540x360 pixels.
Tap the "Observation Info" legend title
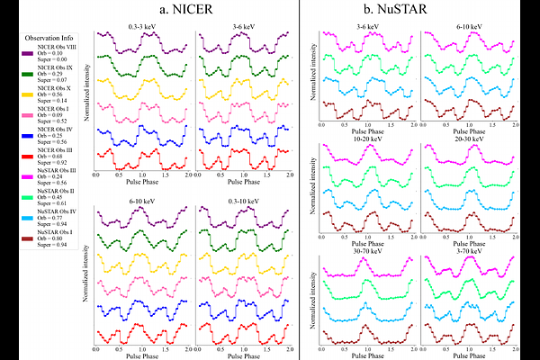[x=46, y=37]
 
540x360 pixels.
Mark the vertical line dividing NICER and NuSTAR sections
[x=300, y=180]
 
